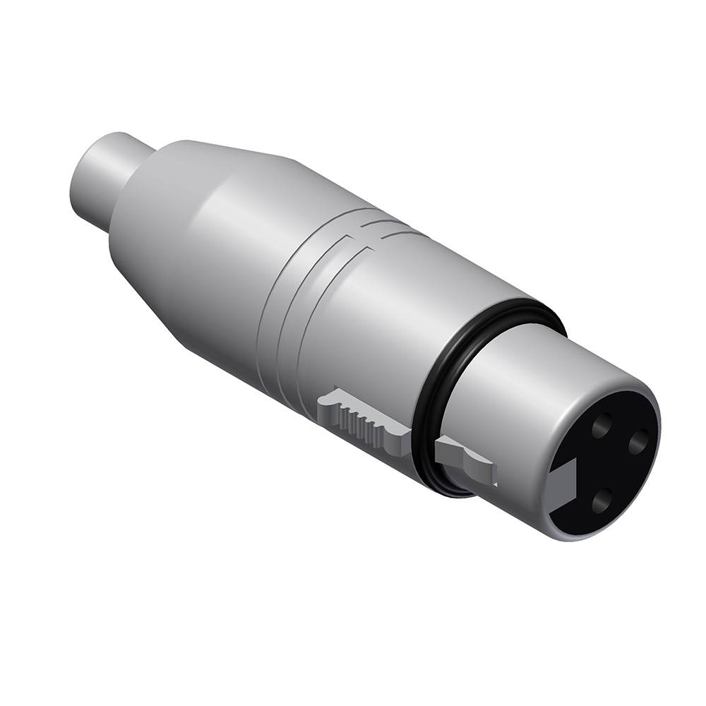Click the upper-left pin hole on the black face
602,426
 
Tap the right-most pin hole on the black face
638,442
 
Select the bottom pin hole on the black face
602,502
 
